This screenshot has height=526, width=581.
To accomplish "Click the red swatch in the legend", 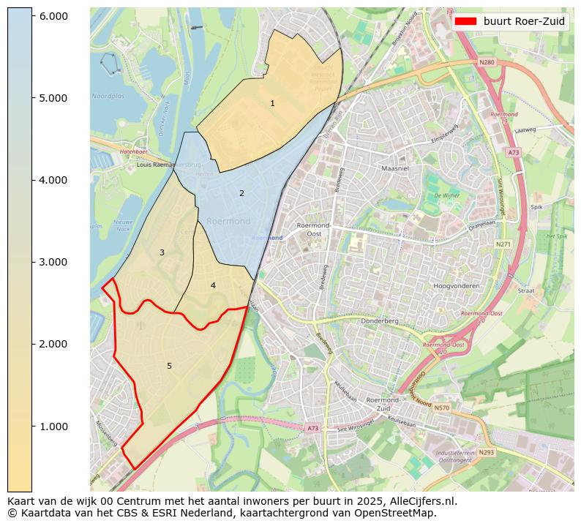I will point(465,21).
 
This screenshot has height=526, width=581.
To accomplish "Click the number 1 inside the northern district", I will point(272,104).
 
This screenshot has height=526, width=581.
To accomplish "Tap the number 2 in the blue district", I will point(241,193).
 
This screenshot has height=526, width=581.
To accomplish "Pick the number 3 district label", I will point(162,253).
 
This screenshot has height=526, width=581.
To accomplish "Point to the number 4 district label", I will point(213,285).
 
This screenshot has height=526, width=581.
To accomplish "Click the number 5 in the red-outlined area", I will point(169,366).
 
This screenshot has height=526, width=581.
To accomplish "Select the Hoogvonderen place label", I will point(456,286).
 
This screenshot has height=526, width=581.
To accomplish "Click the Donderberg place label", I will point(380,321).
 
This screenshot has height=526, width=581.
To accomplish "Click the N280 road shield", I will point(487,63).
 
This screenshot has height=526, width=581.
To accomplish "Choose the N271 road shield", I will point(503,244).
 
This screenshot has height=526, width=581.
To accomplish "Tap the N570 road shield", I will point(441,407).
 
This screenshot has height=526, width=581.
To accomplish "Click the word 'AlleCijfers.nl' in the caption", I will point(423,502).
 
